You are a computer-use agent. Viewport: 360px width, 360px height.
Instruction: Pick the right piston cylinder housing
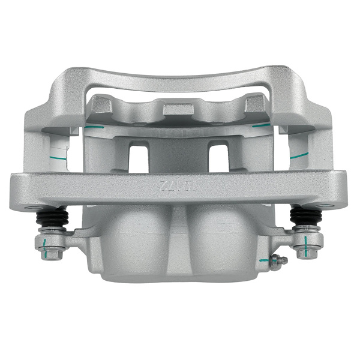point(225,240)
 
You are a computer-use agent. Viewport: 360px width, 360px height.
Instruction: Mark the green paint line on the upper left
point(91,128)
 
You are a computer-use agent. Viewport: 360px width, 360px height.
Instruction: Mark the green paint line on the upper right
point(261,126)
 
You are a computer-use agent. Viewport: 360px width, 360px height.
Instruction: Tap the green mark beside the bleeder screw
point(264,260)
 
